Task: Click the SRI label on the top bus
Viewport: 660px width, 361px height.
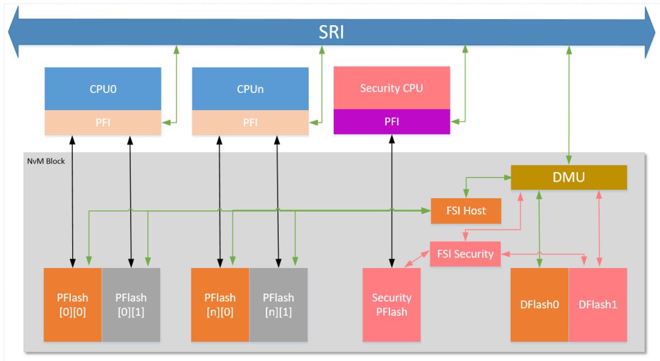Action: (331, 32)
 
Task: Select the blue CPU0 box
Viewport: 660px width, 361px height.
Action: (103, 89)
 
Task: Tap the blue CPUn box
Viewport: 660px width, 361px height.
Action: (250, 89)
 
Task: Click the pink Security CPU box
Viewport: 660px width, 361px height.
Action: (392, 88)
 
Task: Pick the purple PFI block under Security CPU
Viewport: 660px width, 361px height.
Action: (392, 121)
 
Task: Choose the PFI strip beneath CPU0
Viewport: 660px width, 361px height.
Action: (103, 122)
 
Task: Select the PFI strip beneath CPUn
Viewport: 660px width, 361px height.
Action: (250, 122)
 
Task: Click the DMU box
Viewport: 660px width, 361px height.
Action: (568, 177)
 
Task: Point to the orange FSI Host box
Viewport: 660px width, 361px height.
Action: (466, 210)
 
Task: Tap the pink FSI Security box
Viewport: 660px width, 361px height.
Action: (465, 254)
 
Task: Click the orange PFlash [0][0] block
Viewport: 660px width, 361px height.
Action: (72, 305)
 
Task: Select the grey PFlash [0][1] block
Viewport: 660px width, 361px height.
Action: (131, 305)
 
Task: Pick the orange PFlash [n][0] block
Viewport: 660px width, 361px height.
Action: (220, 305)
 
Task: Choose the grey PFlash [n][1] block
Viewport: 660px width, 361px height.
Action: (278, 305)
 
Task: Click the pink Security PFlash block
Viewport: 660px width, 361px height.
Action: (392, 305)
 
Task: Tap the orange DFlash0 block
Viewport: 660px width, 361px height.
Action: (540, 305)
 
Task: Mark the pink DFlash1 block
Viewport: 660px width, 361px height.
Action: (598, 305)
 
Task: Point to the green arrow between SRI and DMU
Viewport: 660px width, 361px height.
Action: (570, 104)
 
